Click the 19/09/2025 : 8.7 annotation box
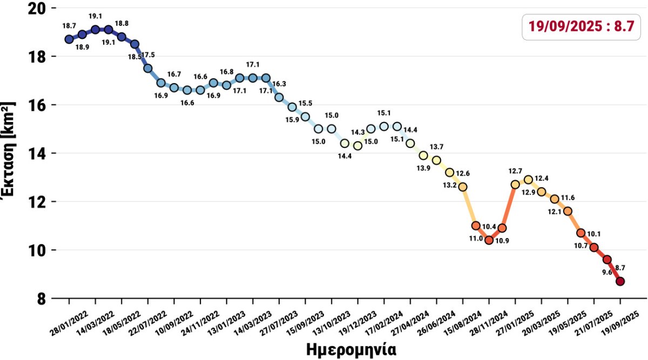pos(580,26)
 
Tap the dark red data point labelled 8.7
pos(620,281)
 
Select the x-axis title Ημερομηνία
pos(351,349)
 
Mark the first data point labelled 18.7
pos(69,39)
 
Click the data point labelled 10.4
pos(489,240)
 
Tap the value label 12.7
pos(515,171)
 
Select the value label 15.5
pos(306,103)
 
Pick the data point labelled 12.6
pos(463,187)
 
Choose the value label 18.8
pos(122,24)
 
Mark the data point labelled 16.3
pos(279,97)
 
